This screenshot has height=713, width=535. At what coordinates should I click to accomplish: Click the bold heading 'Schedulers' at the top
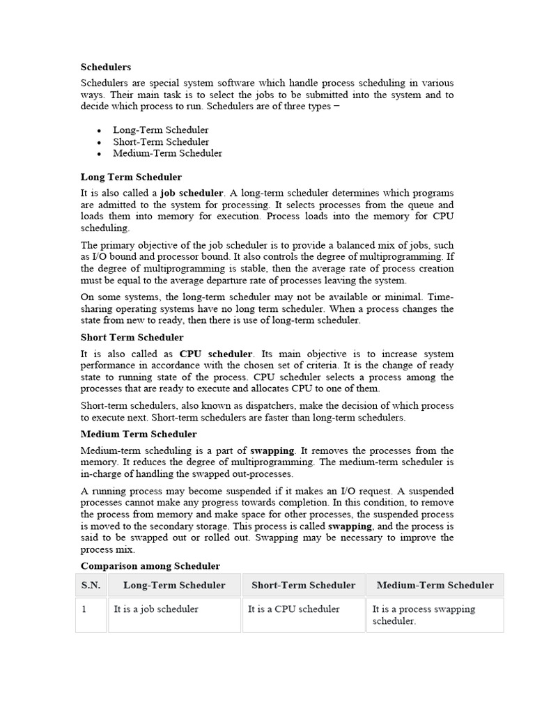(106, 67)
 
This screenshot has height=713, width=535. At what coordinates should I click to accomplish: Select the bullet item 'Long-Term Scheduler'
(160, 130)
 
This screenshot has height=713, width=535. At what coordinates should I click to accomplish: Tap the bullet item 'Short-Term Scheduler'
(161, 142)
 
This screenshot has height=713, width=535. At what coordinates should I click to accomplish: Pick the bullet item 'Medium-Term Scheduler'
(167, 153)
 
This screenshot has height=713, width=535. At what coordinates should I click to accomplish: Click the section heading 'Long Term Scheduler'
(131, 178)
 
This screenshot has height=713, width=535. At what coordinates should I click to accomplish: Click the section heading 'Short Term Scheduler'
(132, 338)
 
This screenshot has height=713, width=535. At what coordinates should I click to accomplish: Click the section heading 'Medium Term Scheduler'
(139, 434)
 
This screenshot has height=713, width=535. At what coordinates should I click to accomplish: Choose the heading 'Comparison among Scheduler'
(150, 566)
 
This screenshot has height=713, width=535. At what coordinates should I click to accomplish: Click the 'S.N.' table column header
(91, 586)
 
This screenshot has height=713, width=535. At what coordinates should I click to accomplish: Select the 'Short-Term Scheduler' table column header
(303, 586)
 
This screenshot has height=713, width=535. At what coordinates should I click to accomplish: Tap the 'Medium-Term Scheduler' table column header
(435, 586)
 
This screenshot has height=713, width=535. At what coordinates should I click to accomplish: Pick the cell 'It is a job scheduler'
(156, 609)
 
